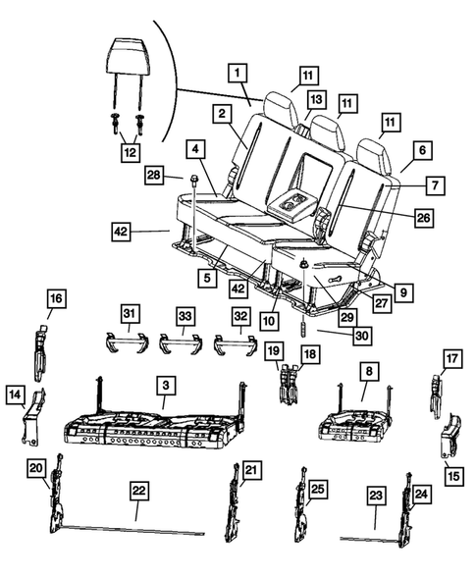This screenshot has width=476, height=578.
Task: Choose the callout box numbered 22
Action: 137,489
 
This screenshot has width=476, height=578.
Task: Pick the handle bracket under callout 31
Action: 126,342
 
